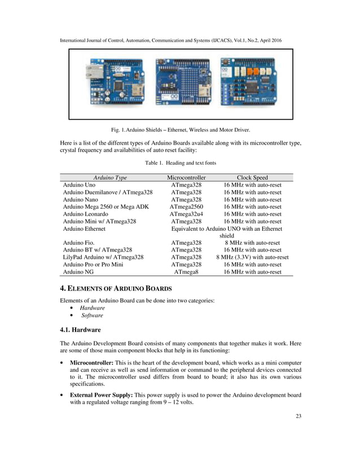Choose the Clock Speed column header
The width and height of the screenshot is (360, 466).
[252, 178]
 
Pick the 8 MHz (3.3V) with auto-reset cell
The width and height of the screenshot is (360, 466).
[252, 257]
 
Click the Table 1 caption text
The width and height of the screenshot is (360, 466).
[180, 163]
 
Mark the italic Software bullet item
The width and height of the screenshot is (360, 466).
[92, 315]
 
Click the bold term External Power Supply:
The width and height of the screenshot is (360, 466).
[102, 394]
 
